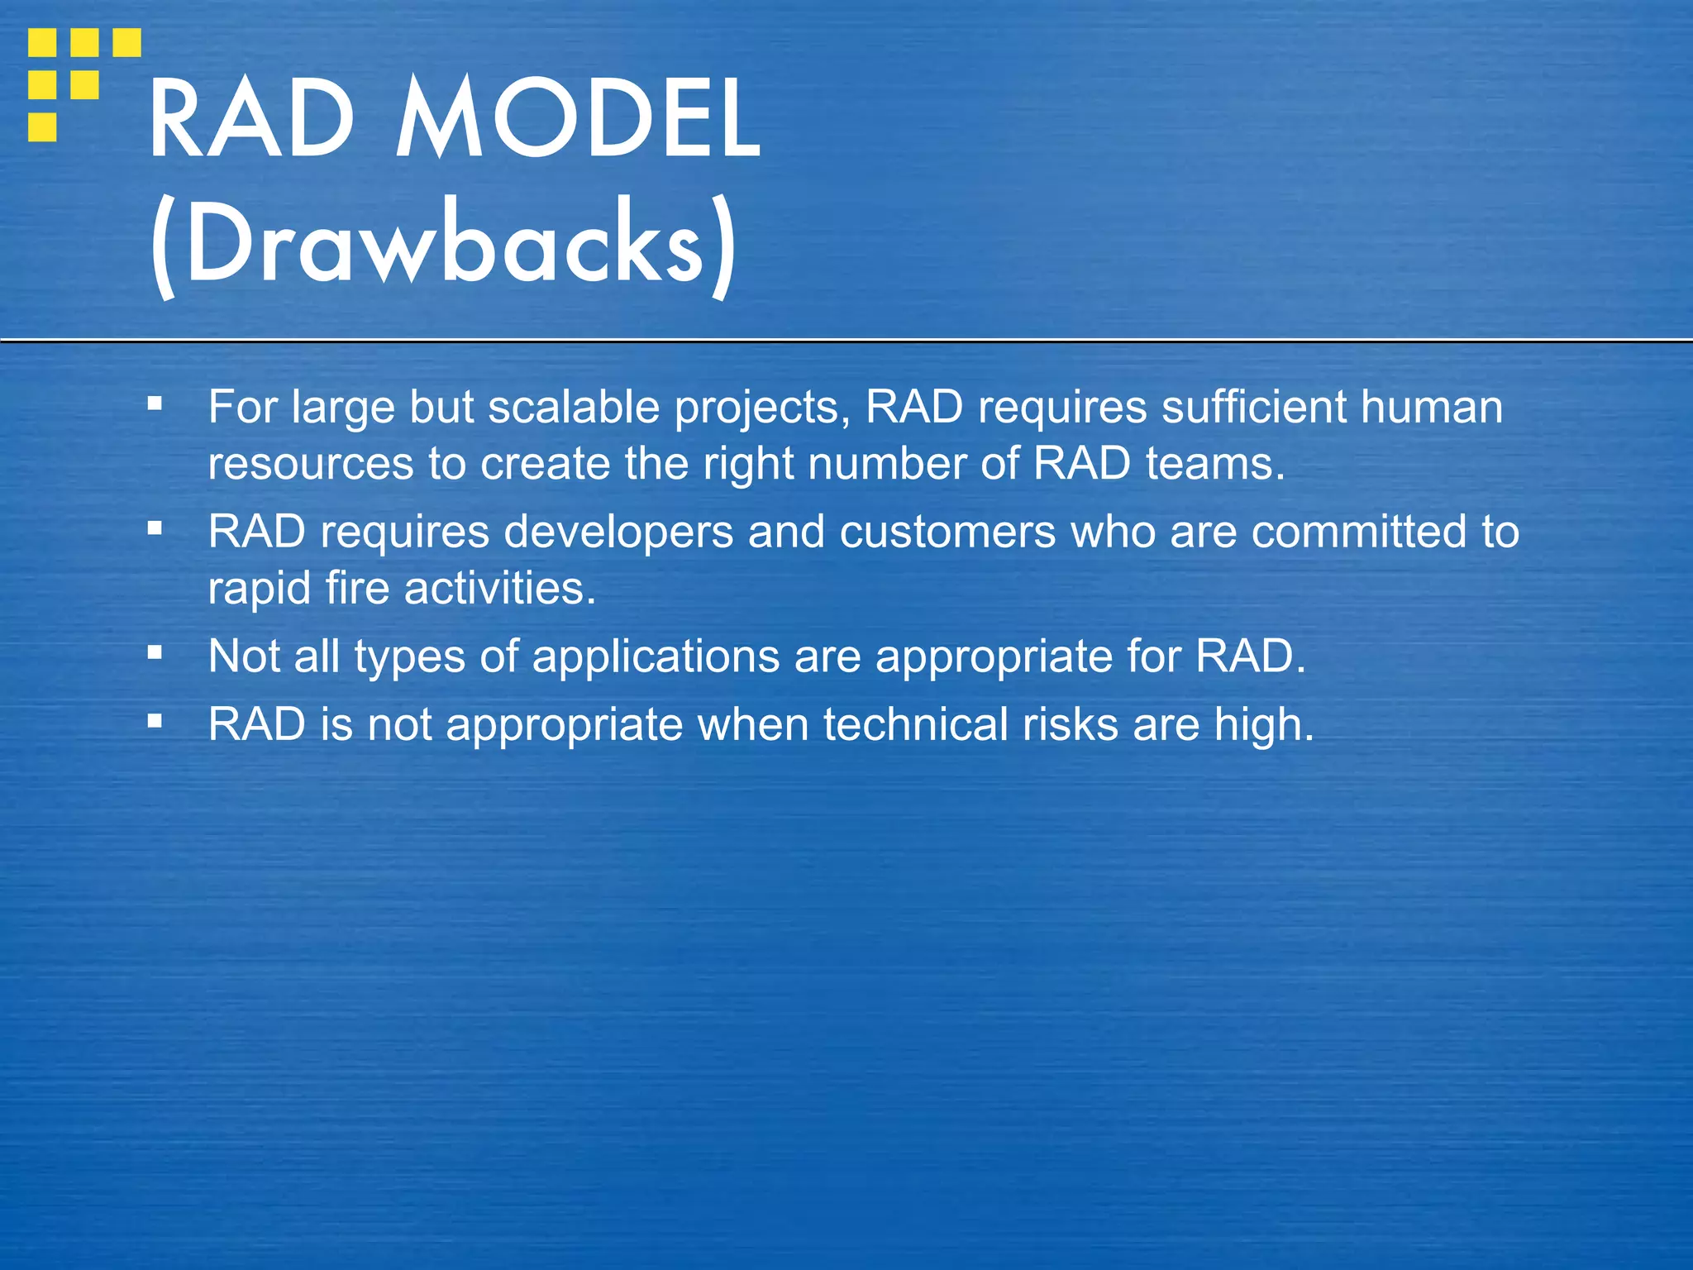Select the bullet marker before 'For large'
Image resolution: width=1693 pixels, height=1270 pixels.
click(x=155, y=404)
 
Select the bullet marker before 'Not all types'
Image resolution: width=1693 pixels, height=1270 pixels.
click(x=155, y=653)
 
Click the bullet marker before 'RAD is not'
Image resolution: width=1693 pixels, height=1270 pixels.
click(x=155, y=721)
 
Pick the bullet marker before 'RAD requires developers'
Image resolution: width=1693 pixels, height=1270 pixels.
click(x=155, y=528)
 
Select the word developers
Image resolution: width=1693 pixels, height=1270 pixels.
click(x=618, y=532)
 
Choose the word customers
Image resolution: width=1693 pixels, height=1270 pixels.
click(x=947, y=532)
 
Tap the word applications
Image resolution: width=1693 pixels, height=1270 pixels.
click(x=656, y=656)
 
